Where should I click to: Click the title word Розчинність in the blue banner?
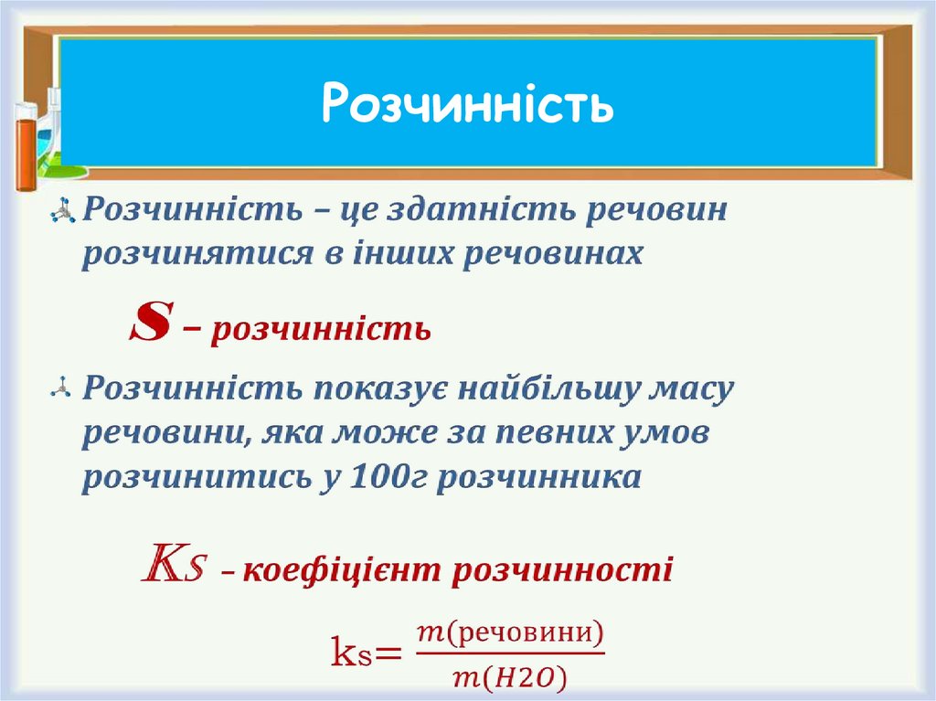point(467,105)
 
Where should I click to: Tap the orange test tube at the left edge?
point(25,146)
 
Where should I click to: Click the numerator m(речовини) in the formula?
point(510,632)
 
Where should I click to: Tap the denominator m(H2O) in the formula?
point(510,676)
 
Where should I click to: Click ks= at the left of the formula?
point(365,654)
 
